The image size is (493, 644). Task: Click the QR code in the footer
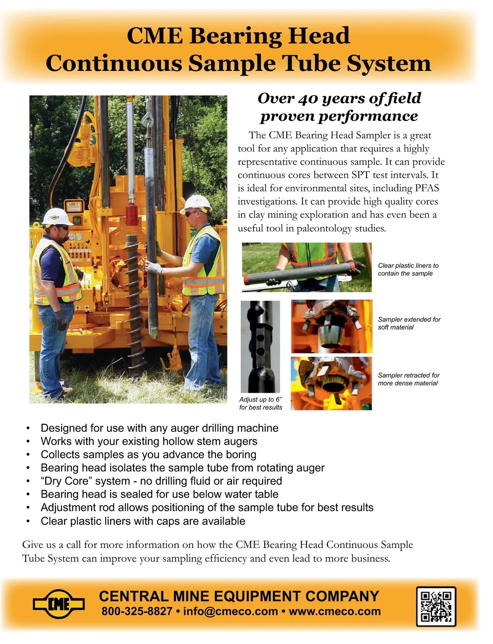(x=436, y=606)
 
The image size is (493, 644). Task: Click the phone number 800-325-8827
(x=136, y=611)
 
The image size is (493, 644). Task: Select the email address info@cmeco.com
(x=230, y=611)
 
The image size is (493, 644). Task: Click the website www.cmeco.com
(x=334, y=611)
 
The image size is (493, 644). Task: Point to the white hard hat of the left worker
(x=55, y=216)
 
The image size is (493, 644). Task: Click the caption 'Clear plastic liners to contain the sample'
(x=408, y=270)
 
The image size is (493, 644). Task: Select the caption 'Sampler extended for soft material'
(x=409, y=323)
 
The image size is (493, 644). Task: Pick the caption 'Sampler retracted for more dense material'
(x=408, y=379)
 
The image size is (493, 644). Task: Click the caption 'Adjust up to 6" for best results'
(x=260, y=403)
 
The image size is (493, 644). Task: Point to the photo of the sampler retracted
(x=331, y=383)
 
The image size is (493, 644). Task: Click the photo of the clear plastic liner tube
(x=306, y=267)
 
